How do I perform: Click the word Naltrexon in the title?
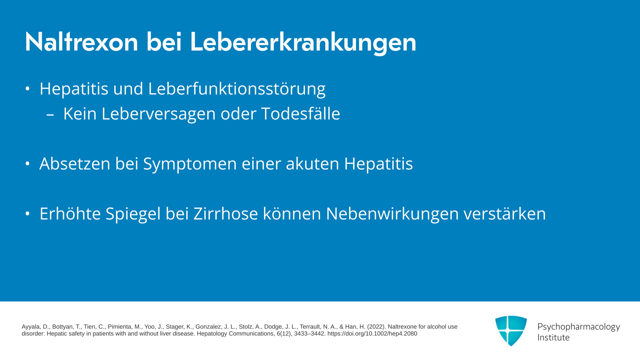[x=82, y=42]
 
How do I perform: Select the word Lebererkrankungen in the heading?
[x=303, y=43]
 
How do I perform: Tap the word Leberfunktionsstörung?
[x=237, y=89]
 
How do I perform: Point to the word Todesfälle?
[x=301, y=113]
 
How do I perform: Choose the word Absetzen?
[x=75, y=164]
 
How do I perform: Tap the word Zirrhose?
[x=226, y=214]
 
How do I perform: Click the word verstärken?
[x=505, y=214]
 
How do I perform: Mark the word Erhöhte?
[x=70, y=214]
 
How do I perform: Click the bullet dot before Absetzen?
[x=28, y=164]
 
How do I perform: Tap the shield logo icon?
[x=511, y=331]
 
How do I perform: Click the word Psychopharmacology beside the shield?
[x=579, y=327]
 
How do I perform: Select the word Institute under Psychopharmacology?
[x=553, y=337]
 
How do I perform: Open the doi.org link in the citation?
[x=372, y=334]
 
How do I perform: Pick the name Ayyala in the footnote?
[x=31, y=327]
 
